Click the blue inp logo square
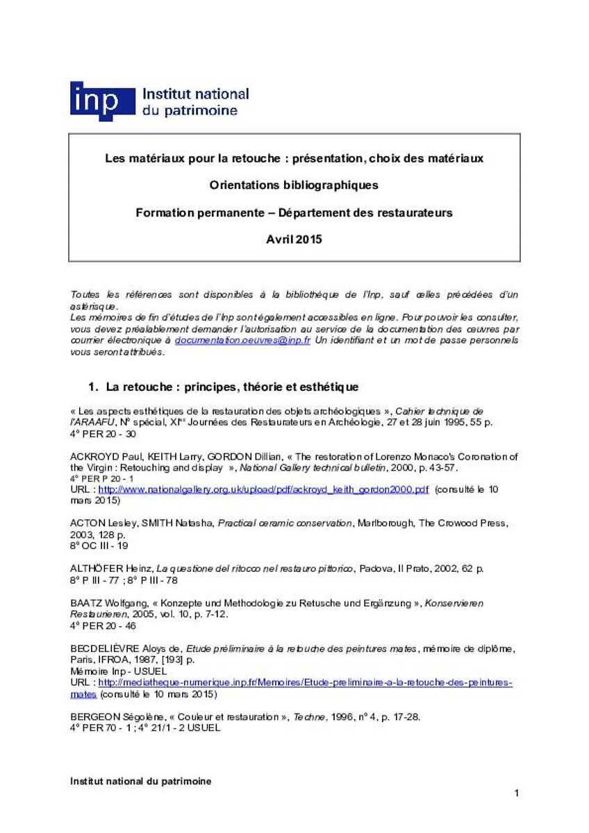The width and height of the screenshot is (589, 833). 102,101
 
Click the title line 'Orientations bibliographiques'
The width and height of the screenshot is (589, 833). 294,185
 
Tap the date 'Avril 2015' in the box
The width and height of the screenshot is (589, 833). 294,239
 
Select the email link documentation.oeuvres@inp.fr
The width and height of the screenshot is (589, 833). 242,342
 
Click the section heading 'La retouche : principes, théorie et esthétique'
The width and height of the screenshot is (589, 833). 232,386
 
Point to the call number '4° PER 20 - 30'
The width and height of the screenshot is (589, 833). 103,434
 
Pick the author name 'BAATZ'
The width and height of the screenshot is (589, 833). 87,604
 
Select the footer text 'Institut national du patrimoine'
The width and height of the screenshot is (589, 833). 141,781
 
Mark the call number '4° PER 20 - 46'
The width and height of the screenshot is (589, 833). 103,626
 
